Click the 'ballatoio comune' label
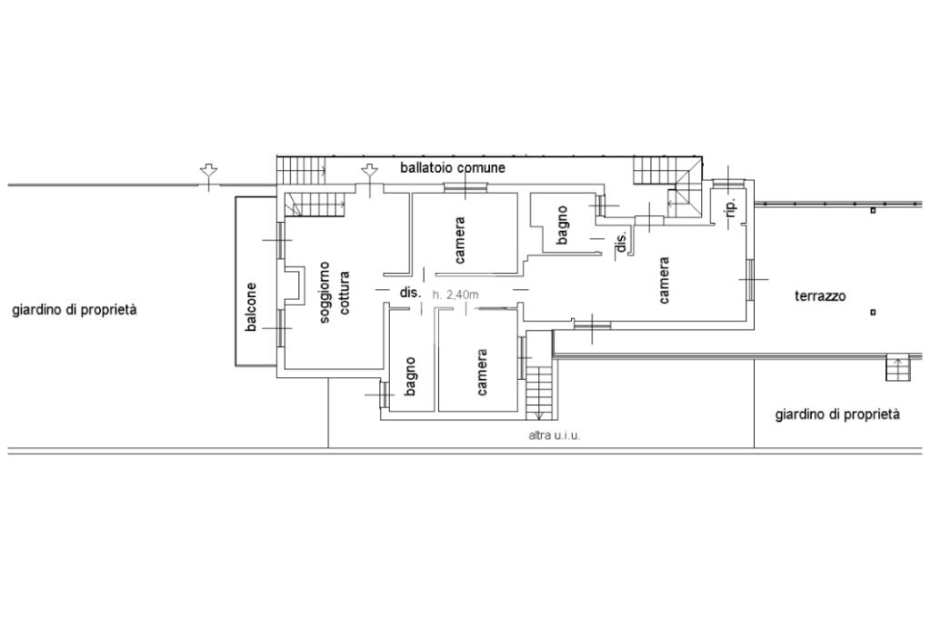(x=453, y=167)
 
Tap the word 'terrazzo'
(x=820, y=295)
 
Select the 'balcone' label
(x=251, y=306)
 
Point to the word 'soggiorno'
(x=325, y=292)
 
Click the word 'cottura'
(x=344, y=292)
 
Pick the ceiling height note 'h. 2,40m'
(x=455, y=295)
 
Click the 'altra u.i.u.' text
(x=555, y=435)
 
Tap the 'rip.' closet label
(x=732, y=207)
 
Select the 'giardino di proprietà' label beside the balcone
(x=75, y=309)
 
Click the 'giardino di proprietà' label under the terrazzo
(x=837, y=415)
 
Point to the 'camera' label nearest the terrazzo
(x=664, y=280)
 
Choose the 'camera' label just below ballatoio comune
(x=459, y=240)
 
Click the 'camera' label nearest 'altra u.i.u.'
(x=482, y=373)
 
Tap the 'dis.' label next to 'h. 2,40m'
(x=410, y=292)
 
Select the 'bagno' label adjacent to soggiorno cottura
(x=410, y=376)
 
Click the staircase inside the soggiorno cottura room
(x=315, y=205)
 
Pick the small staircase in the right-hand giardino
(x=898, y=367)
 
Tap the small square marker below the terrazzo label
(x=873, y=313)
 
